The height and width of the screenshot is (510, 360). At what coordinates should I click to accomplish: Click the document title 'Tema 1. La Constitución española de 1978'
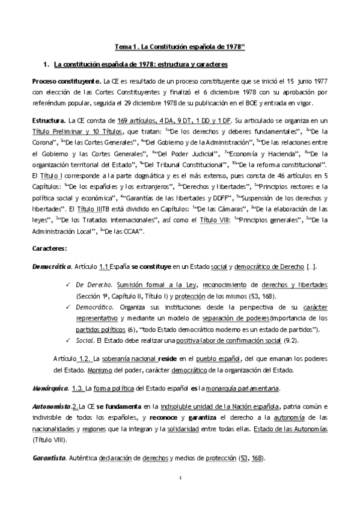point(180,45)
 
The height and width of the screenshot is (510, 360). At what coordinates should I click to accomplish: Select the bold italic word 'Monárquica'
point(50,387)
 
